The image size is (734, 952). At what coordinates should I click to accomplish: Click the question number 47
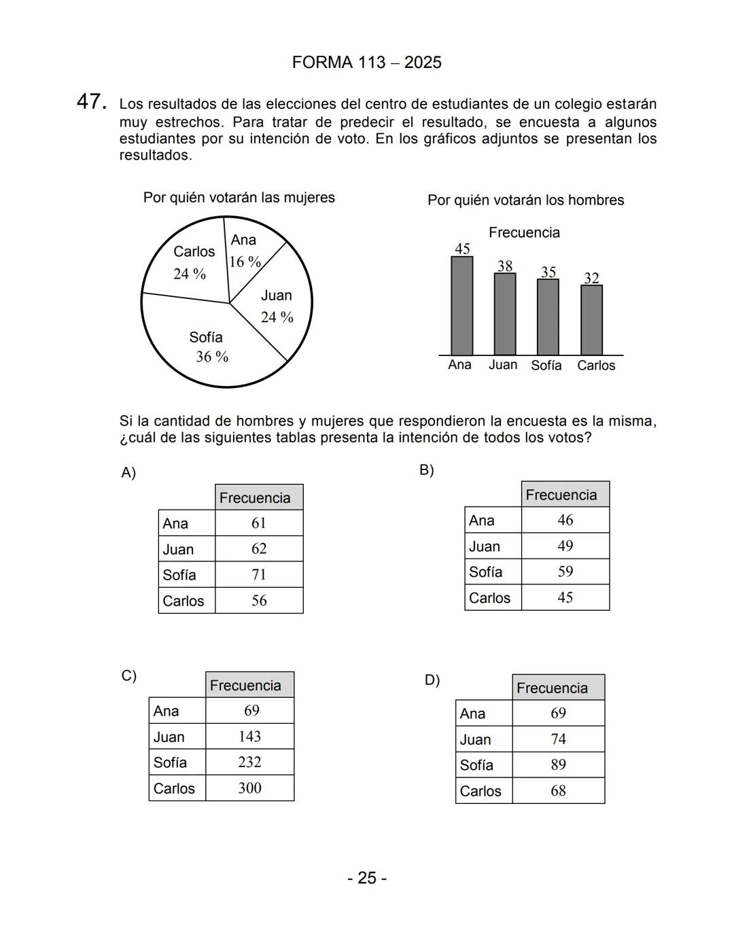pyautogui.click(x=91, y=102)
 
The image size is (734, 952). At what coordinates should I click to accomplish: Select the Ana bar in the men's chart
pyautogui.click(x=462, y=306)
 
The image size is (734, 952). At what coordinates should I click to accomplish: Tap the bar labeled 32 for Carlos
pyautogui.click(x=591, y=320)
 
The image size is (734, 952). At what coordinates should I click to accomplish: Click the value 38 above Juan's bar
pyautogui.click(x=504, y=266)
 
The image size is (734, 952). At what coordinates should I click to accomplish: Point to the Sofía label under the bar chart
pyautogui.click(x=546, y=366)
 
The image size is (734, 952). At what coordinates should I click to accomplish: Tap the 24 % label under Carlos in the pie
pyautogui.click(x=190, y=274)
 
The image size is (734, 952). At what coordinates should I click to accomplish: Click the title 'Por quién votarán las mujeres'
pyautogui.click(x=239, y=198)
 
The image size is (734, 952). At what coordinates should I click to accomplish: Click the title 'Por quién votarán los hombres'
pyautogui.click(x=525, y=200)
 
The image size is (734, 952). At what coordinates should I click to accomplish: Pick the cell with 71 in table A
pyautogui.click(x=259, y=575)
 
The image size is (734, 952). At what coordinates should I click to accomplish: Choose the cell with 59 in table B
pyautogui.click(x=565, y=572)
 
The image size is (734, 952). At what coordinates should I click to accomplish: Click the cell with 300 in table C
pyautogui.click(x=249, y=788)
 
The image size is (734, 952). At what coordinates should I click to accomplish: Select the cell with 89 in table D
pyautogui.click(x=558, y=765)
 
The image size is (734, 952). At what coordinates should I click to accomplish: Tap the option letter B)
pyautogui.click(x=426, y=470)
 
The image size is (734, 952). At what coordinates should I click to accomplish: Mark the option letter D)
pyautogui.click(x=432, y=680)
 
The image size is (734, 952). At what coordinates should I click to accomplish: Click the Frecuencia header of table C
pyautogui.click(x=249, y=685)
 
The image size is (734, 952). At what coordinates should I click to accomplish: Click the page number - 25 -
pyautogui.click(x=367, y=878)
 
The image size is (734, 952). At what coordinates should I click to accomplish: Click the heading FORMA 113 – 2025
pyautogui.click(x=366, y=63)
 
